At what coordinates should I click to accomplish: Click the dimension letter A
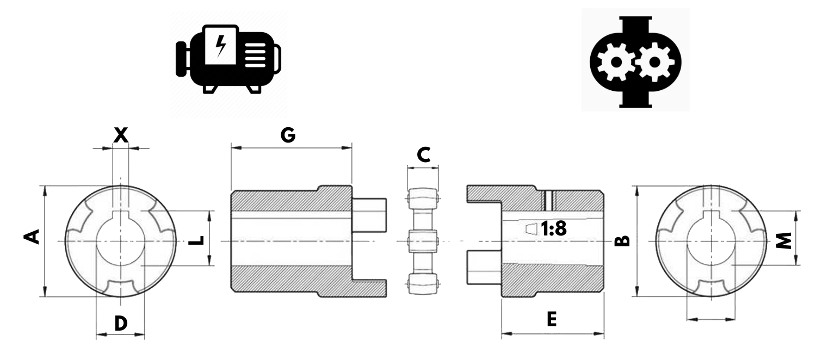(x=33, y=237)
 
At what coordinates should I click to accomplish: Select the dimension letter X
(x=121, y=135)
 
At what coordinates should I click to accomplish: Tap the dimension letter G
(x=288, y=135)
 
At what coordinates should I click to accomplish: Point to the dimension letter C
(x=423, y=155)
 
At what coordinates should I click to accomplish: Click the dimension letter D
(x=121, y=324)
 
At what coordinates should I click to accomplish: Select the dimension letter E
(x=552, y=319)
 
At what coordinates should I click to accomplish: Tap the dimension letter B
(x=622, y=240)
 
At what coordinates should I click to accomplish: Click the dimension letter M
(x=782, y=240)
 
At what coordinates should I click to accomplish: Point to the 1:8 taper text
(x=554, y=229)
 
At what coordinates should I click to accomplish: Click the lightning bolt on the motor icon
(x=221, y=46)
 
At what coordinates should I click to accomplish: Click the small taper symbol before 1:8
(x=531, y=228)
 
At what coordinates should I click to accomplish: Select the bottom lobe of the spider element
(x=423, y=283)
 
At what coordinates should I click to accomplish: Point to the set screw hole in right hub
(x=548, y=199)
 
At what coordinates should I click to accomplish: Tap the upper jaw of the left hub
(x=369, y=207)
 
